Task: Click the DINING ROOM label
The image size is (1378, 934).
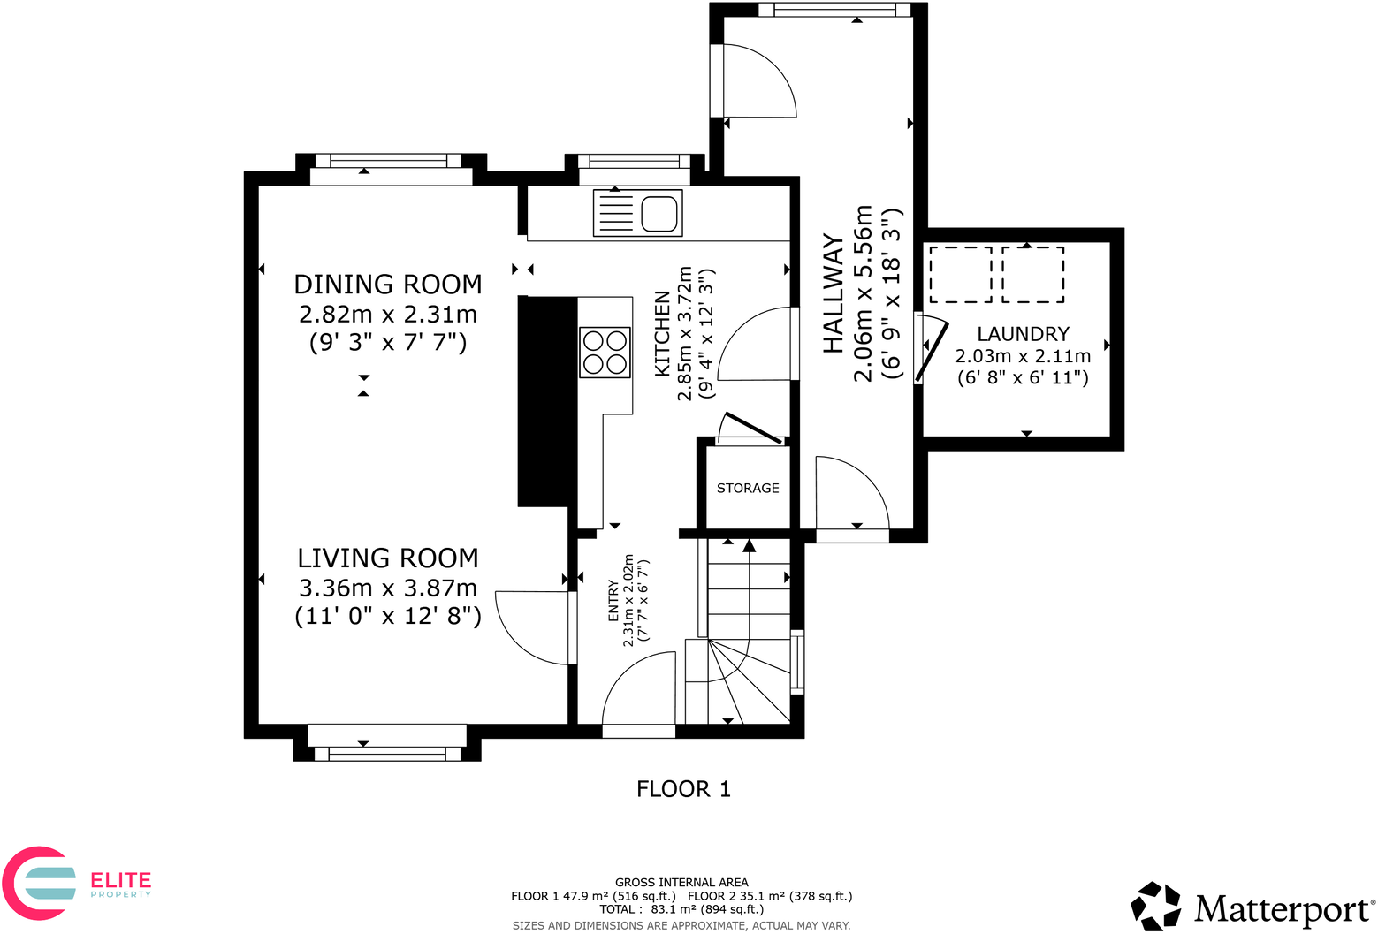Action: [387, 285]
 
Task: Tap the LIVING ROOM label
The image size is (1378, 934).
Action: [387, 558]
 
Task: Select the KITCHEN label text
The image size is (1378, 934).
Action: [662, 334]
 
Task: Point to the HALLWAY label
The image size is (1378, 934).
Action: [834, 294]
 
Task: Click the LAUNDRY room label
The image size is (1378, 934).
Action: [1023, 334]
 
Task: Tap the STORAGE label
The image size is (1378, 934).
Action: [748, 488]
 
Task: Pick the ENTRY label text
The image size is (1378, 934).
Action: [613, 601]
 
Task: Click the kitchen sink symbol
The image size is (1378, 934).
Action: [637, 213]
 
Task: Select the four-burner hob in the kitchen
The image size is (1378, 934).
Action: [605, 352]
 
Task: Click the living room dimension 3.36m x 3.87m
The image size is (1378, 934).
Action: [387, 588]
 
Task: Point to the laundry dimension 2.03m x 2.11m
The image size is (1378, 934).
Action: [1023, 356]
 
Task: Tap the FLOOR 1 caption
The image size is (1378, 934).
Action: [683, 789]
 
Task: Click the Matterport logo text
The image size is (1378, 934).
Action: [1283, 908]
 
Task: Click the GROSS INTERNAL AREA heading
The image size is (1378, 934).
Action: [681, 882]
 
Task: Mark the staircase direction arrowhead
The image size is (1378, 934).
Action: [750, 545]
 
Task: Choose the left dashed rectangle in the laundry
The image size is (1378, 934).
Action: [960, 275]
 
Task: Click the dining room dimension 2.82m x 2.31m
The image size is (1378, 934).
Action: [387, 314]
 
